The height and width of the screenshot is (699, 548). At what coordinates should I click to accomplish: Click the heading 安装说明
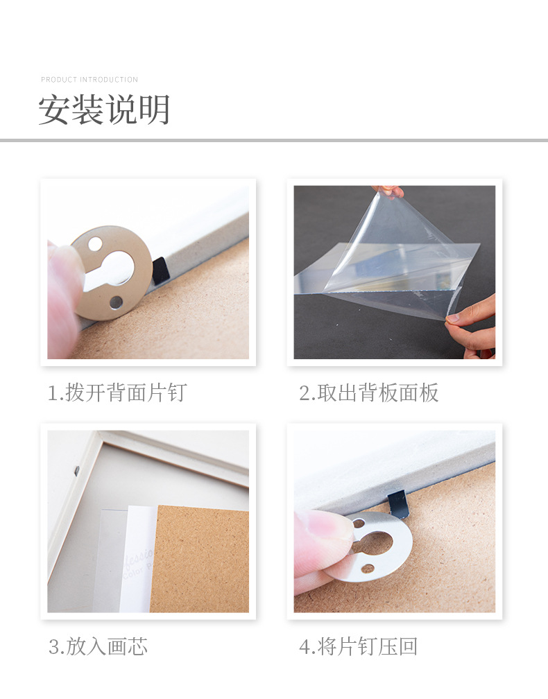click(x=104, y=110)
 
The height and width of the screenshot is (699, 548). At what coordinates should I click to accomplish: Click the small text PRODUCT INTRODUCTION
click(x=89, y=80)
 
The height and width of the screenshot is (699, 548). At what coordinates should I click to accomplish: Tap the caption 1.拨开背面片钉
click(x=117, y=393)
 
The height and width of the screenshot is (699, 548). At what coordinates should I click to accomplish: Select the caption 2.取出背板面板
click(x=369, y=393)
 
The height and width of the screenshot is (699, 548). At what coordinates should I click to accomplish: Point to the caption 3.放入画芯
click(x=98, y=647)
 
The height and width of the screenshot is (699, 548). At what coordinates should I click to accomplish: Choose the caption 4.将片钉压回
click(x=359, y=647)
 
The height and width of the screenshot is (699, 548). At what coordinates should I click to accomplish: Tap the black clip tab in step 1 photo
click(x=160, y=270)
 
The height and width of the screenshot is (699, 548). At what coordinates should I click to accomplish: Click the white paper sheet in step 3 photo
click(x=139, y=562)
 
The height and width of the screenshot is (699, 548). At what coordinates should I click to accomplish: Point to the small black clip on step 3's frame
click(x=76, y=471)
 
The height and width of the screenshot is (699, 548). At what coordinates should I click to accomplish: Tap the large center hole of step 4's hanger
click(x=375, y=542)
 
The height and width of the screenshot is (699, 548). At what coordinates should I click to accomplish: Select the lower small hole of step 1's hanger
click(x=116, y=302)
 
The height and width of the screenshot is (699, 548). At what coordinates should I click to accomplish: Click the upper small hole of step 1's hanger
click(x=95, y=244)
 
